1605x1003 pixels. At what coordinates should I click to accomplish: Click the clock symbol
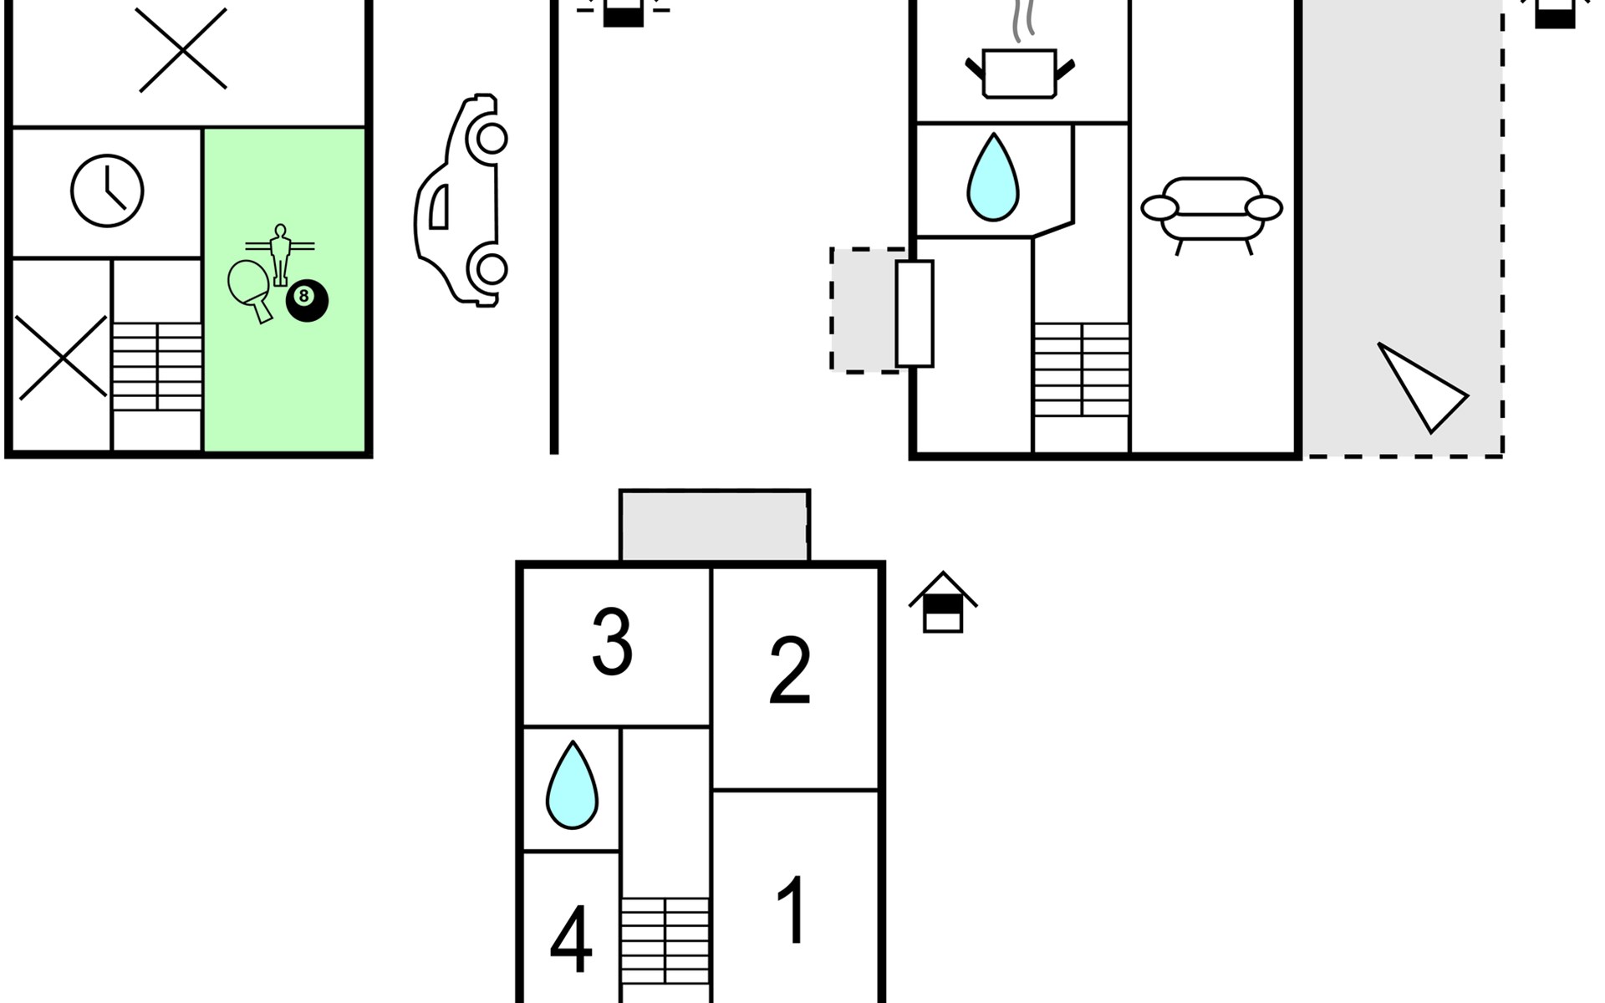point(107,191)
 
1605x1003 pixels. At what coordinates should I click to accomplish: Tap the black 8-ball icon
point(307,301)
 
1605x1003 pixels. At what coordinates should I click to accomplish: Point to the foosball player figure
point(280,254)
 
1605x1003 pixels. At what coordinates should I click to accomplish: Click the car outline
point(461,201)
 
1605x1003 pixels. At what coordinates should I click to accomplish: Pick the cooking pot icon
point(1020,63)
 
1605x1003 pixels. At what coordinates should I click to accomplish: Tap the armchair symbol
point(1211,214)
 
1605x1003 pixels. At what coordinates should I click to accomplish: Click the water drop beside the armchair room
point(993,177)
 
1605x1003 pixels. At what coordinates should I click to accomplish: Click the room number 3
point(612,641)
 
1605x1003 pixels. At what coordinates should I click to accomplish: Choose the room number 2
point(789,670)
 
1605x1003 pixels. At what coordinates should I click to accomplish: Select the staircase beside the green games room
point(157,366)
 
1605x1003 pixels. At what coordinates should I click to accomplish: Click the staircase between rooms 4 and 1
point(665,940)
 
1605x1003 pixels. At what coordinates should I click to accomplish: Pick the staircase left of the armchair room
point(1082,369)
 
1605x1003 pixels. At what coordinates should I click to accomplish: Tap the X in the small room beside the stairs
point(62,357)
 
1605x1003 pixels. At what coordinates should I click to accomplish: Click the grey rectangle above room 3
point(715,526)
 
